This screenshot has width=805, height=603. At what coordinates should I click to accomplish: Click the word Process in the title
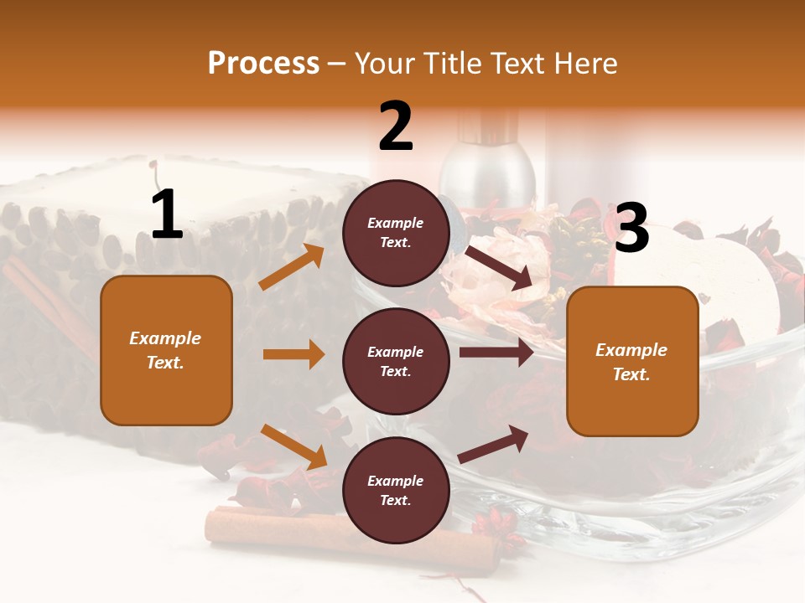click(x=263, y=64)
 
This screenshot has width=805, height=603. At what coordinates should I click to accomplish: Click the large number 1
click(x=167, y=215)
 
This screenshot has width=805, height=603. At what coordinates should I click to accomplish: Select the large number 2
click(x=396, y=126)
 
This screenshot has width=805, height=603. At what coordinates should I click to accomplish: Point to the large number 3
click(x=631, y=228)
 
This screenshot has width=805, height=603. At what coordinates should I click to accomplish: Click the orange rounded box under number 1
click(x=166, y=350)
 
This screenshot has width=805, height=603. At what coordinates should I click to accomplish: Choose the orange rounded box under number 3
click(x=632, y=361)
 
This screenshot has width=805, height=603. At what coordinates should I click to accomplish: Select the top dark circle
click(x=396, y=233)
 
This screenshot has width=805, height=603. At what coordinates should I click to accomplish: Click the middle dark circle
click(x=396, y=361)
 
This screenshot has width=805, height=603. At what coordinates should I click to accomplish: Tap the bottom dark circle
click(x=396, y=490)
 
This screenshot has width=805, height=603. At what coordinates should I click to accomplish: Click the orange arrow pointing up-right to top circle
click(x=292, y=267)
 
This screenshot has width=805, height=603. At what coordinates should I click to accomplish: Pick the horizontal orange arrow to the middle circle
click(x=294, y=354)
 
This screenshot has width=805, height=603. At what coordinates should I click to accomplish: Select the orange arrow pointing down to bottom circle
click(x=294, y=446)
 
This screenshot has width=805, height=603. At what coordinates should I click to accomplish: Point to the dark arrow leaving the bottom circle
click(x=494, y=443)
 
